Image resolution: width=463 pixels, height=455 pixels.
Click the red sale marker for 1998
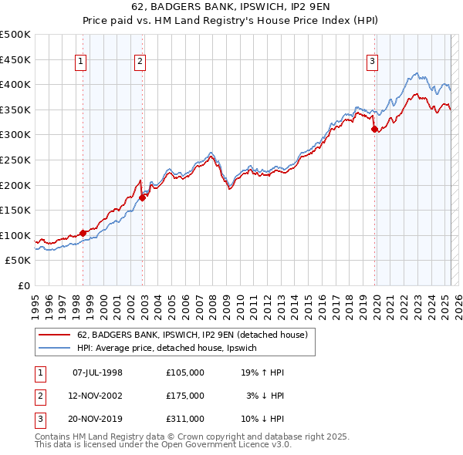pyautogui.click(x=83, y=232)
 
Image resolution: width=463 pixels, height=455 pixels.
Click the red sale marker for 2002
pyautogui.click(x=143, y=197)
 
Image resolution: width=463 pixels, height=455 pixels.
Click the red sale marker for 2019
pyautogui.click(x=375, y=130)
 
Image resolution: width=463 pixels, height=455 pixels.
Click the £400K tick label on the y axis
pyautogui.click(x=15, y=84)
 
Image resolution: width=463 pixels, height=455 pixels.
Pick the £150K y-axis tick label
pyautogui.click(x=15, y=210)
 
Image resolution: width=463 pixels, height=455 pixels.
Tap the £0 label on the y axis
pyautogui.click(x=24, y=285)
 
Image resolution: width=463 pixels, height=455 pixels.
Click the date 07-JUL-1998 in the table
pyautogui.click(x=97, y=372)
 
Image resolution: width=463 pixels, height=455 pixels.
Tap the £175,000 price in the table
pyautogui.click(x=185, y=396)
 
